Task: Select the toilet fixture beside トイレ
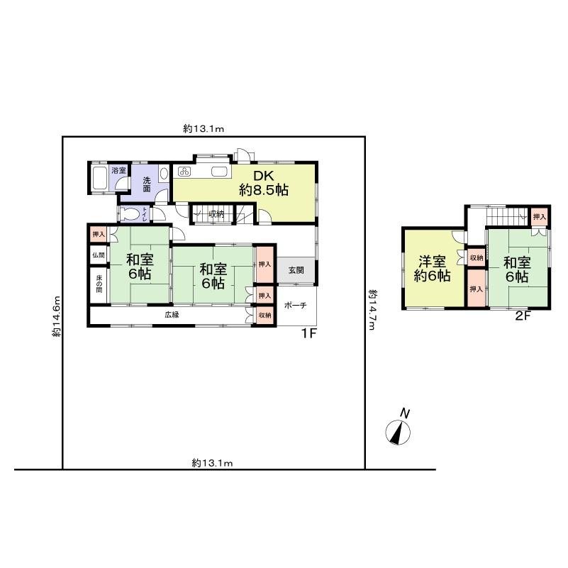point(132,213)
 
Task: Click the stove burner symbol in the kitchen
point(184,172)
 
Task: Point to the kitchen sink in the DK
point(217,172)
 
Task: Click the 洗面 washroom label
point(147,184)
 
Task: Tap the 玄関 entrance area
point(296,270)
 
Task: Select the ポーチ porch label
point(295,305)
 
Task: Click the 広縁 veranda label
point(171,314)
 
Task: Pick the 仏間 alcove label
point(98,255)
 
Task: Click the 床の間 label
point(98,284)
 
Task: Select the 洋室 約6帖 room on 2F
point(433,269)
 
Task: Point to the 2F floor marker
point(523,317)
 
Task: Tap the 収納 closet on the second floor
point(476,258)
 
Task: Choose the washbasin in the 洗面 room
point(164,172)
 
